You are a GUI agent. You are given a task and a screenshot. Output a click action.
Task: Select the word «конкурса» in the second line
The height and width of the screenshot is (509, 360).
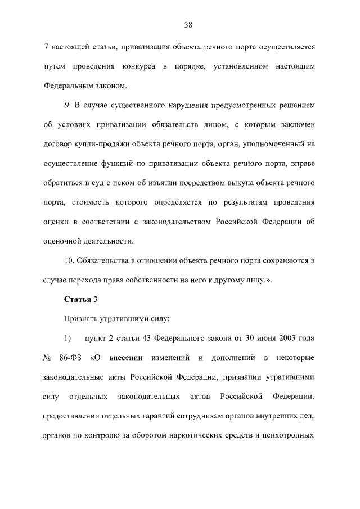point(140,67)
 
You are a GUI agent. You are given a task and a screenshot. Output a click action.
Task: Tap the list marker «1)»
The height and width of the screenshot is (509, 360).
point(67,338)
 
